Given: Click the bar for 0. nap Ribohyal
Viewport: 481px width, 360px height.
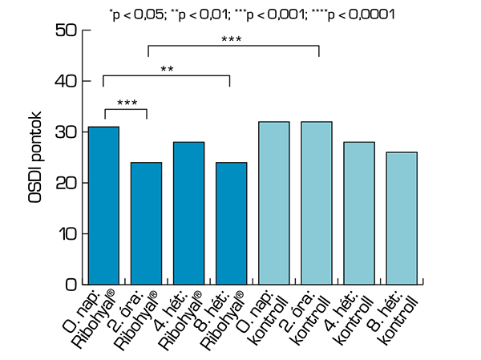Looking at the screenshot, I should [104, 205].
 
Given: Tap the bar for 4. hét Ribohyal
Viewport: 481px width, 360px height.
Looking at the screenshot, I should [189, 212].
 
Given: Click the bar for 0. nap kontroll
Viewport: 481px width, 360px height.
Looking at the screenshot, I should [274, 203].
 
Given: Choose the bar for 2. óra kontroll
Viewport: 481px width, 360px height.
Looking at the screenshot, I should [317, 203].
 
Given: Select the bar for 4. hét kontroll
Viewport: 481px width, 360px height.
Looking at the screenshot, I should [359, 212].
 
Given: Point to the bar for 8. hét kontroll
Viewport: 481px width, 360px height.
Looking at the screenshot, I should [402, 218].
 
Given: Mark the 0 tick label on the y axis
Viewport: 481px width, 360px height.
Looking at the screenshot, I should [71, 285].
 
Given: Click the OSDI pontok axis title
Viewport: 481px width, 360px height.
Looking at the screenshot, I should [35, 156].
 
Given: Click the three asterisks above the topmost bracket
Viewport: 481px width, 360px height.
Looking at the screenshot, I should [232, 39].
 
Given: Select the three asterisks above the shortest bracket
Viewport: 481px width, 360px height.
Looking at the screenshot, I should [126, 103].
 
